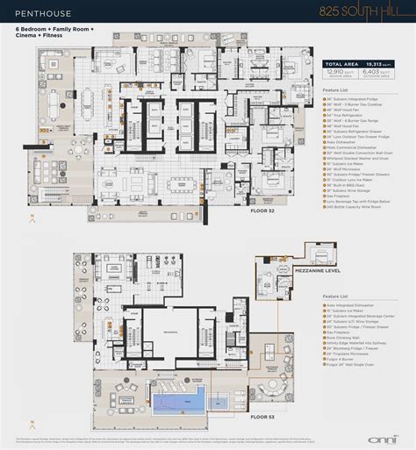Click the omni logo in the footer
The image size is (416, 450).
point(372,438)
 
